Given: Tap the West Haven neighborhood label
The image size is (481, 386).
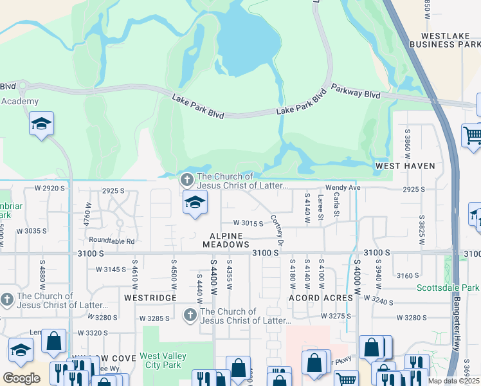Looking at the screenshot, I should click(x=405, y=166).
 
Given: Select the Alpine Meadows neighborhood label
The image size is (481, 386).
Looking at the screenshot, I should click(x=226, y=240).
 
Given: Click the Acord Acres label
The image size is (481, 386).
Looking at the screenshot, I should click(x=321, y=298).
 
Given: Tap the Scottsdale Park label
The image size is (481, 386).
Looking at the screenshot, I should click(x=448, y=288).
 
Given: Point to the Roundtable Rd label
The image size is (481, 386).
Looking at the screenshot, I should click(x=112, y=241).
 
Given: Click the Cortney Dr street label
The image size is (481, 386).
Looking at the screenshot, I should click(x=277, y=230).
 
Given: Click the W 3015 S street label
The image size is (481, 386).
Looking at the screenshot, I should click(x=248, y=223).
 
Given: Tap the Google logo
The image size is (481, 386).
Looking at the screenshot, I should click(x=21, y=378).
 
